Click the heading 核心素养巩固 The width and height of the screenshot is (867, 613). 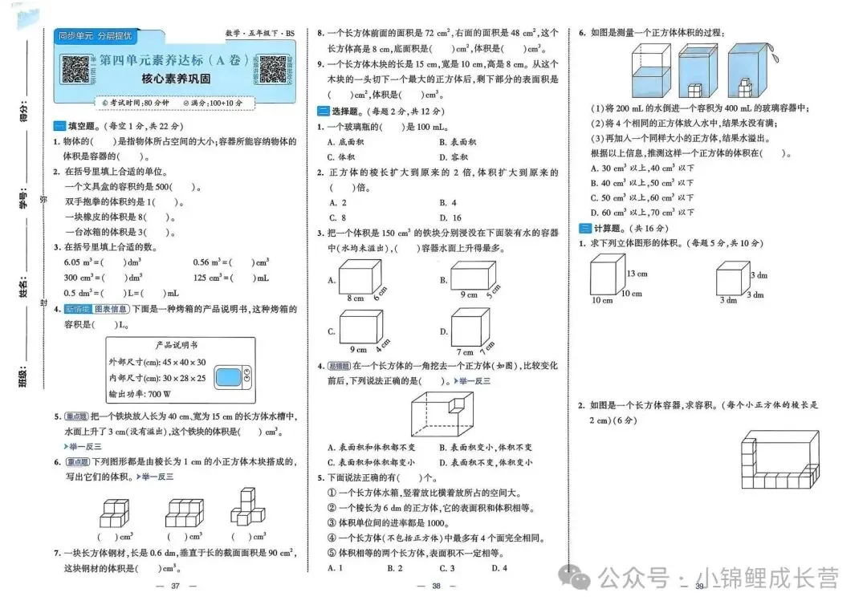(176, 79)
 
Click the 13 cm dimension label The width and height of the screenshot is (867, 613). (637, 274)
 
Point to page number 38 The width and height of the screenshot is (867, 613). (437, 587)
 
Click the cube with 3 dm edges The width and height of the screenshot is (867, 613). (731, 280)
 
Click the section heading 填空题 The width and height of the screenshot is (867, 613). (78, 126)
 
